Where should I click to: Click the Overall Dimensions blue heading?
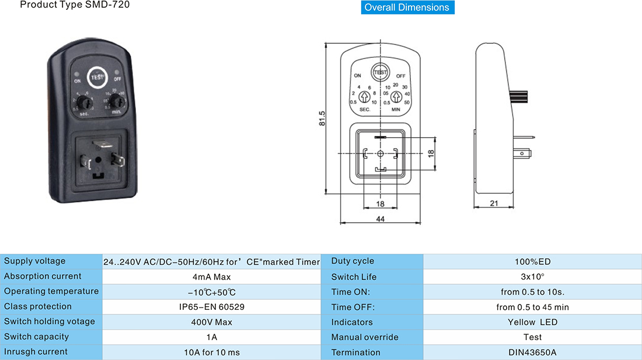pos(407,8)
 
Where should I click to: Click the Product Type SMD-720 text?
pos(75,5)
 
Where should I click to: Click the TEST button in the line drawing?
pos(380,72)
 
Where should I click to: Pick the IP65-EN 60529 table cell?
pos(211,306)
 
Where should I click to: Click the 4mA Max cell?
pos(211,276)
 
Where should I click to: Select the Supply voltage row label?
pos(35,261)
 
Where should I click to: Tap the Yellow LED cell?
pos(532,322)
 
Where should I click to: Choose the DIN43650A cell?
pos(532,352)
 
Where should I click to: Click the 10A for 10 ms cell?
pos(211,352)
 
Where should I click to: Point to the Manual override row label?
pos(365,337)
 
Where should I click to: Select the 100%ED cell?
pos(532,261)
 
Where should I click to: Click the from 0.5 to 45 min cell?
pos(532,307)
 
